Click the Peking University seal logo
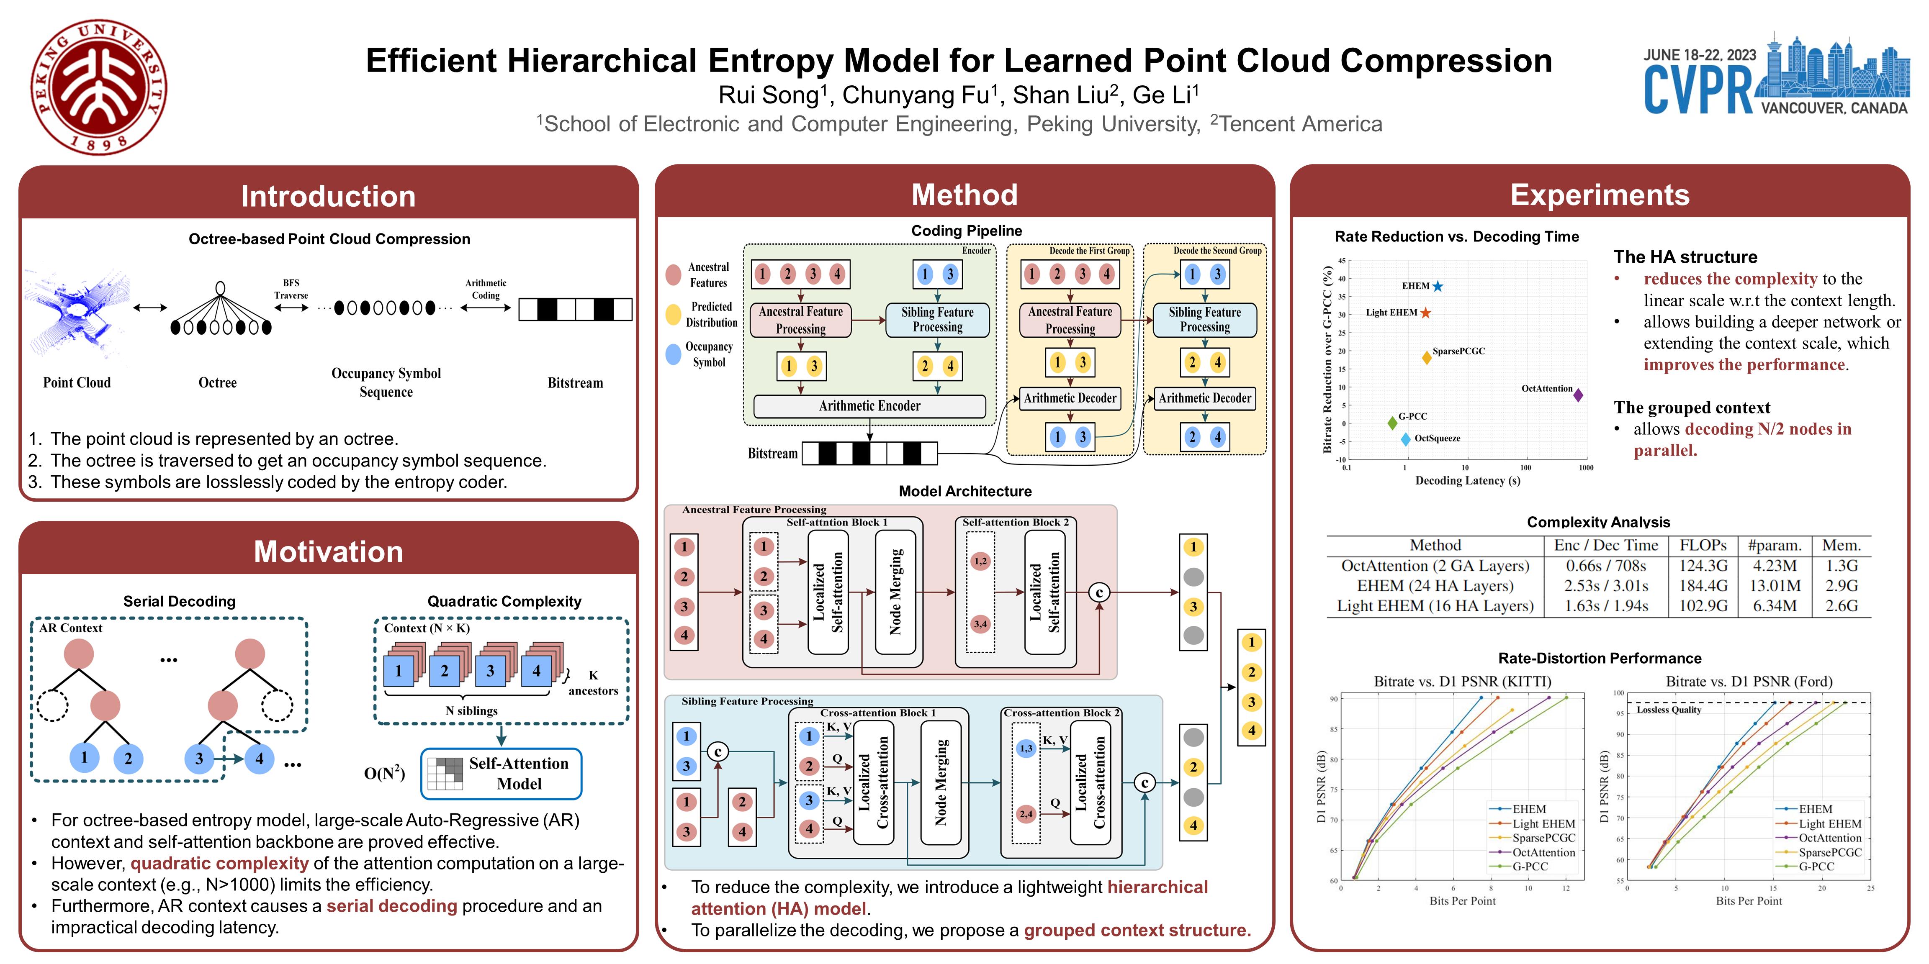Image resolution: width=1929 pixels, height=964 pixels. pos(99,87)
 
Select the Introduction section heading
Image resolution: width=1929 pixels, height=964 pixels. pos(328,196)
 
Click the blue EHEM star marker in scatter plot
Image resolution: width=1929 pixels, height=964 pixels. pos(1438,286)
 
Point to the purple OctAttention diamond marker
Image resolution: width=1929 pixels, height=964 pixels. pos(1578,395)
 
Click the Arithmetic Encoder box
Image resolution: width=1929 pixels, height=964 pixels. pos(869,406)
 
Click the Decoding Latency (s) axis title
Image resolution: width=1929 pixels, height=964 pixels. pos(1468,480)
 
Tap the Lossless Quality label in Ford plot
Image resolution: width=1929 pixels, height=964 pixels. pos(1668,710)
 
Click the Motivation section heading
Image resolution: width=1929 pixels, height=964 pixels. pos(328,551)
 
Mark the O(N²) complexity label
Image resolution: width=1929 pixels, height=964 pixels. pos(384,773)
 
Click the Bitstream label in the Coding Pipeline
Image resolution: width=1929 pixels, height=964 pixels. pos(772,454)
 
